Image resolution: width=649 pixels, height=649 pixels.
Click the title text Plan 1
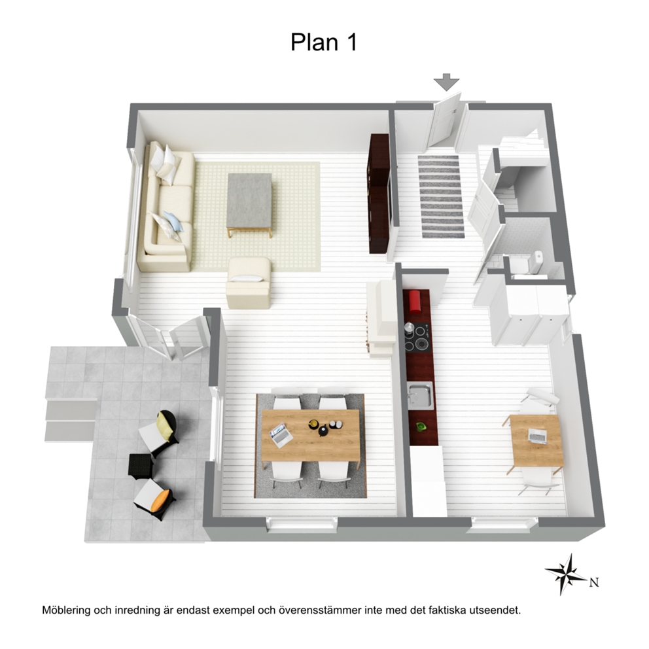(x=324, y=43)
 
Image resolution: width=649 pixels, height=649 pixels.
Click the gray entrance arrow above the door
(x=447, y=82)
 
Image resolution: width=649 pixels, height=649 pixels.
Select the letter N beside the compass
(x=594, y=582)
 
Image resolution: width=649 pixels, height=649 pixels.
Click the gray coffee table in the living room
(x=249, y=203)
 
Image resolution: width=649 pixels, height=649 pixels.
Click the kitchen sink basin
(x=420, y=395)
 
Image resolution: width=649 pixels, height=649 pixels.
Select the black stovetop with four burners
(x=417, y=338)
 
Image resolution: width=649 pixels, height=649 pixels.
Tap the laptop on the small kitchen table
(x=538, y=436)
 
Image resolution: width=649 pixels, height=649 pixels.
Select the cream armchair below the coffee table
(x=249, y=283)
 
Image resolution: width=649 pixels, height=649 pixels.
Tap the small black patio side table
(x=141, y=467)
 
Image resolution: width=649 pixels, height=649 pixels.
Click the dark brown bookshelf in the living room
(x=378, y=194)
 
